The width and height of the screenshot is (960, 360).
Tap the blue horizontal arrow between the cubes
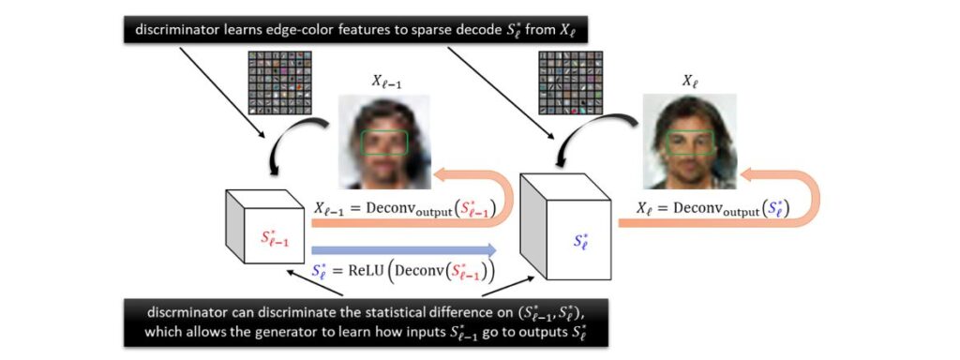[403, 249]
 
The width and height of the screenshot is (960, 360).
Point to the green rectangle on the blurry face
[385, 142]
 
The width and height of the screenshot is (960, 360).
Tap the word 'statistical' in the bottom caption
[413, 311]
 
